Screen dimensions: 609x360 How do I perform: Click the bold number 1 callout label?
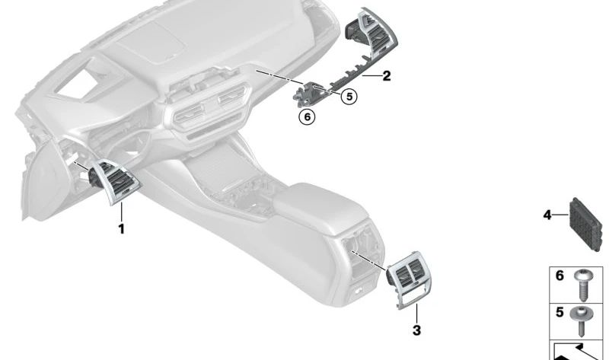pos(122,229)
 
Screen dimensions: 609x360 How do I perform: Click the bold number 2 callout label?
pos(386,75)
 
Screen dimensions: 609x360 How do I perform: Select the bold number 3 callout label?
pos(416,330)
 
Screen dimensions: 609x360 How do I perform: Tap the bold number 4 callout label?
pos(547,215)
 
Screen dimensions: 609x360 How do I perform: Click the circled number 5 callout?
pos(349,97)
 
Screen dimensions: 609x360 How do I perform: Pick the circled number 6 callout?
pos(308,116)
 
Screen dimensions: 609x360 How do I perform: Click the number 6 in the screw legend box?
pos(560,276)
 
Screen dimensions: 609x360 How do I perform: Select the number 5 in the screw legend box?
pos(560,312)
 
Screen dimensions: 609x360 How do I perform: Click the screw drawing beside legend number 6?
pos(582,285)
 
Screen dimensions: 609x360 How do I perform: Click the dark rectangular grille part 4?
pos(585,224)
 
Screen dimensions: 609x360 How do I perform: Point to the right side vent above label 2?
pos(372,34)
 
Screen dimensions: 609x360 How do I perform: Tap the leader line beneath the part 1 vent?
pos(122,212)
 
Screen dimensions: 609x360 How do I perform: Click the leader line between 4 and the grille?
pos(560,215)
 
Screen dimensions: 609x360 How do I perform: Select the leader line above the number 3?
pos(416,314)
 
